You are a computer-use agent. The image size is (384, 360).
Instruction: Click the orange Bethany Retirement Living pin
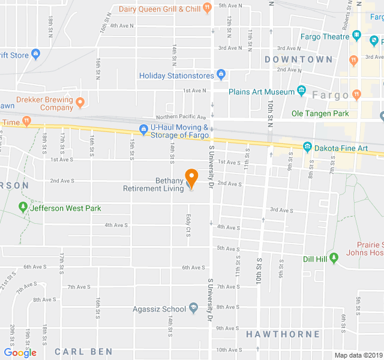point(191,178)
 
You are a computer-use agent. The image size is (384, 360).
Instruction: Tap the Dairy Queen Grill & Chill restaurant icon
point(207,8)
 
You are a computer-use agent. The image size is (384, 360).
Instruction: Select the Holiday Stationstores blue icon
point(221,76)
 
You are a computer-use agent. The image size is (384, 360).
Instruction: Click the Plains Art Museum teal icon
point(301,91)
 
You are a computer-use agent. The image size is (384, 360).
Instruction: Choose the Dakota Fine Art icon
point(307,146)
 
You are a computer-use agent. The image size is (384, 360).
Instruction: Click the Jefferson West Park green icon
point(23,208)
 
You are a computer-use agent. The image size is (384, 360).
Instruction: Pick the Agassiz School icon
point(193,308)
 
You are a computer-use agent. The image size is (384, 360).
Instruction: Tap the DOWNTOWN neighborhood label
point(298,59)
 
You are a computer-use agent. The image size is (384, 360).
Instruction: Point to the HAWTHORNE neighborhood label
point(283,334)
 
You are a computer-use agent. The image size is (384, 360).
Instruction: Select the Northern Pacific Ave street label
point(181,117)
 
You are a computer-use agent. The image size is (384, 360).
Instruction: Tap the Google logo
point(20,353)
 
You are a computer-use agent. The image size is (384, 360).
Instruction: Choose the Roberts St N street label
point(346,19)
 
